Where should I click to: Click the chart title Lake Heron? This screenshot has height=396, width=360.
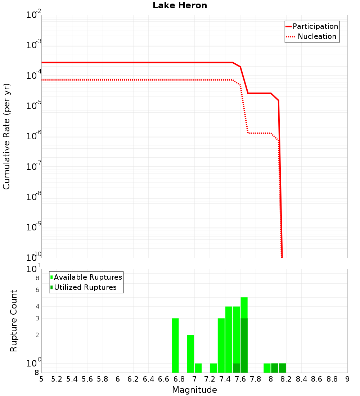[x=180, y=5]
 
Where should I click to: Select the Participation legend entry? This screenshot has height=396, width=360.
[x=315, y=26]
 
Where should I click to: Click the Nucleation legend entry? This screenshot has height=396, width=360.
[x=317, y=36]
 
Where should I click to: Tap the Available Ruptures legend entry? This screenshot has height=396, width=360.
[x=87, y=277]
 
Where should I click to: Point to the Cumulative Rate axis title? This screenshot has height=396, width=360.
[x=6, y=136]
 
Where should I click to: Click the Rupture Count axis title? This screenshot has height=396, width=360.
[x=14, y=321]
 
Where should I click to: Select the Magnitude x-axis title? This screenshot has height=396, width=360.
[x=194, y=390]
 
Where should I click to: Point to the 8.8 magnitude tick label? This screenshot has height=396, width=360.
[x=332, y=379]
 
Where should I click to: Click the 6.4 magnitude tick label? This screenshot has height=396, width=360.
[x=148, y=379]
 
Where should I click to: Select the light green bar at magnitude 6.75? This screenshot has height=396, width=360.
[x=175, y=345]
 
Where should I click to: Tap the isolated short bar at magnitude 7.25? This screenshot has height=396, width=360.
[x=213, y=368]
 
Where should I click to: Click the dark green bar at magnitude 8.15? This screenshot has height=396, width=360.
[x=282, y=368]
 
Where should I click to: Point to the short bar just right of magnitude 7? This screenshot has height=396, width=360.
[x=198, y=368]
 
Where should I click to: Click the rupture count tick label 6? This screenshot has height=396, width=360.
[x=37, y=290]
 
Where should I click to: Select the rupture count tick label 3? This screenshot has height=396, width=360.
[x=37, y=318]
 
